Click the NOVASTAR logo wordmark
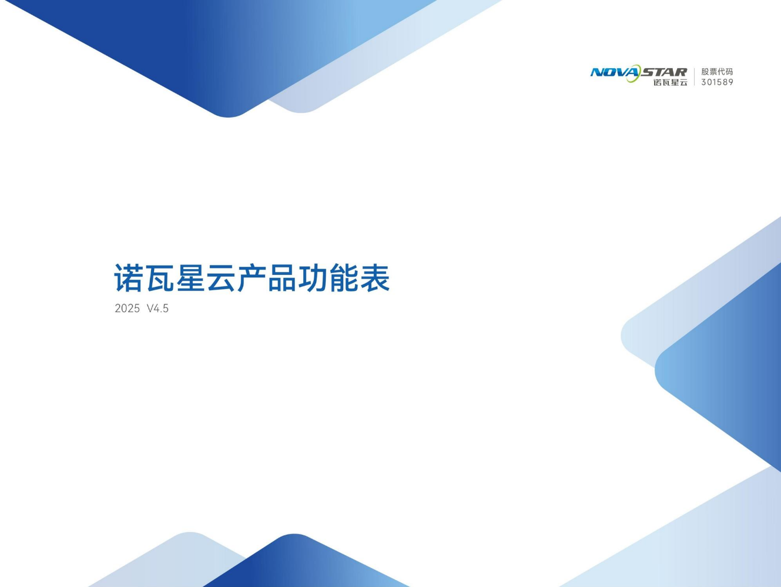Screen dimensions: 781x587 [639, 72]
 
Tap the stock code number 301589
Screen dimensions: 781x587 [717, 82]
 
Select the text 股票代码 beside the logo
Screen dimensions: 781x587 [717, 72]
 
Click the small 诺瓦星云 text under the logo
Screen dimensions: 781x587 [671, 82]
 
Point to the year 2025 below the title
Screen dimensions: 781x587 [127, 308]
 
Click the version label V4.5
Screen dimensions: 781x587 [157, 308]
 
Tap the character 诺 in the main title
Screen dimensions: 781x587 [128, 278]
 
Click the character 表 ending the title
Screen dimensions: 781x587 [375, 278]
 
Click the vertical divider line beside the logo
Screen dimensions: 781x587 [694, 76]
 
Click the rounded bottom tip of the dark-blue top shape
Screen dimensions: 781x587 [228, 116]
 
